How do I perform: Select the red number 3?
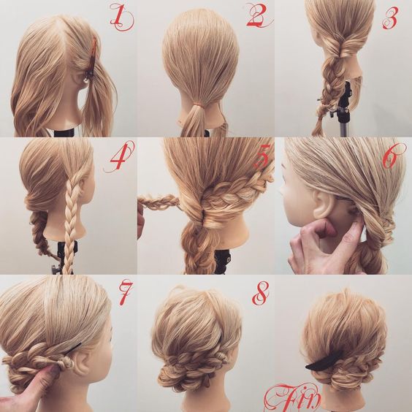pyautogui.click(x=390, y=18)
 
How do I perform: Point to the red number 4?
pyautogui.click(x=120, y=156)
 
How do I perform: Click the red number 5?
pyautogui.click(x=262, y=156)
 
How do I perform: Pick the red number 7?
pyautogui.click(x=124, y=292)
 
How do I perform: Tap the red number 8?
pyautogui.click(x=260, y=293)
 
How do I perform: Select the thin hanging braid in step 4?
pyautogui.click(x=69, y=224)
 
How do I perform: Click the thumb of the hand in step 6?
pyautogui.click(x=328, y=227)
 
